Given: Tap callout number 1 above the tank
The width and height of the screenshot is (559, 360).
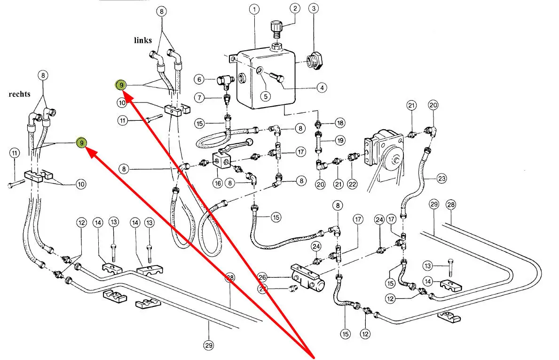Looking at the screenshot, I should point(254,9).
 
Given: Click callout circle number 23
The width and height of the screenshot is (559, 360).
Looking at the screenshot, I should point(441,178).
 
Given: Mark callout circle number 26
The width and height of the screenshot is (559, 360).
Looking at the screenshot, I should point(262,277).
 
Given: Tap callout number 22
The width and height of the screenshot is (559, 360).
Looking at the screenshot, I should point(353,185).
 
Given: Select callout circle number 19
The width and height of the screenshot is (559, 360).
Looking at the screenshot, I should point(340,140).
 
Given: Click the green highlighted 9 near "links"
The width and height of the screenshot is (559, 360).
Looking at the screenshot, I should point(121,85).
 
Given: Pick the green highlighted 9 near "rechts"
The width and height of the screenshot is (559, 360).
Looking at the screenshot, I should point(82,142).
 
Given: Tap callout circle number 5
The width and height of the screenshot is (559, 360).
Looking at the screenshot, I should point(266,96).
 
